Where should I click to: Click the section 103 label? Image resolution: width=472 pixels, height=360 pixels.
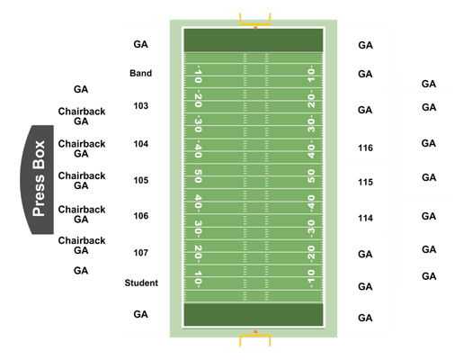141,106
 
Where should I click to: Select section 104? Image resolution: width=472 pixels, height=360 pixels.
141,144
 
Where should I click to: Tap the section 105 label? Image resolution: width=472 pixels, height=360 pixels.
141,181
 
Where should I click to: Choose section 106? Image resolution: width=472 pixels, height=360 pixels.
141,216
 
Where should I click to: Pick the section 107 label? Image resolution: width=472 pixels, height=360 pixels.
141,253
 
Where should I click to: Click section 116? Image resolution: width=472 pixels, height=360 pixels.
365,148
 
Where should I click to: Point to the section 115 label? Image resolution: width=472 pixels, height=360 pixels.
365,183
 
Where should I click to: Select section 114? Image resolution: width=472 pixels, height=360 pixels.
365,218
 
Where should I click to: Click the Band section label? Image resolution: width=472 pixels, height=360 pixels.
140,73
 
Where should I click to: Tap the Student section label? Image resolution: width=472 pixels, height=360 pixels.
141,283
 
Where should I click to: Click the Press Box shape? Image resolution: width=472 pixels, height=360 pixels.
38,179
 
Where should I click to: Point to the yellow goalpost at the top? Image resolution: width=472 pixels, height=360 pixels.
255,20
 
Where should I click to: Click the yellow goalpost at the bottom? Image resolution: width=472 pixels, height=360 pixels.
255,339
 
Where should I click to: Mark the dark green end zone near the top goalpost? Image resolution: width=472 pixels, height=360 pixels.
254,40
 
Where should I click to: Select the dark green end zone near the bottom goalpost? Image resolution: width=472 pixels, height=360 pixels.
254,315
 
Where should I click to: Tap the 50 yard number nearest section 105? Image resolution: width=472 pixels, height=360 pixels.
198,175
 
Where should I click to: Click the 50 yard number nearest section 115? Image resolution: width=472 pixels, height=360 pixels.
311,175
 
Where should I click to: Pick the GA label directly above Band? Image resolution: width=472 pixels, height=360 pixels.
140,44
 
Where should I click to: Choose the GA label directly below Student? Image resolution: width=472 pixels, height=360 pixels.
140,314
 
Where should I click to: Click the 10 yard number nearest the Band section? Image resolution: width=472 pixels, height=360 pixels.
198,74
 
